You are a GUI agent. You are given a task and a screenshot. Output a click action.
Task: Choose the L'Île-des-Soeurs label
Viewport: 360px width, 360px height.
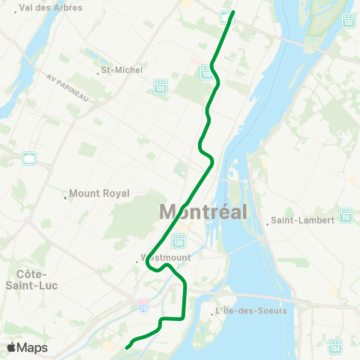tap(250, 310)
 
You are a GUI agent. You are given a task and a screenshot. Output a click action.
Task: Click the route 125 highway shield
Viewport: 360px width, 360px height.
tap(159, 88)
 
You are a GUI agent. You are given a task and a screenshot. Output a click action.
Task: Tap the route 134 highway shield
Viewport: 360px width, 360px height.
tap(335, 346)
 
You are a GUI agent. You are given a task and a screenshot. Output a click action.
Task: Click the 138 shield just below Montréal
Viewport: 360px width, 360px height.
tap(178, 241)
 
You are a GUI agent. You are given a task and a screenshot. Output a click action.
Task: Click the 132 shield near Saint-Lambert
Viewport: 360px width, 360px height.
tap(346, 215)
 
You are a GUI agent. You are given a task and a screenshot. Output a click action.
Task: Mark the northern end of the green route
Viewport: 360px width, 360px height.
tap(233, 12)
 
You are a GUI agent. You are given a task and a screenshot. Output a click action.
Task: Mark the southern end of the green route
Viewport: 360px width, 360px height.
tap(126, 348)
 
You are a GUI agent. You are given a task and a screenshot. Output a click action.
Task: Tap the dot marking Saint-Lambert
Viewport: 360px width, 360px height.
tap(267, 221)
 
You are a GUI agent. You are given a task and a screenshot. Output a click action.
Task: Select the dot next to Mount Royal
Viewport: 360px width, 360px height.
tap(65, 198)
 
